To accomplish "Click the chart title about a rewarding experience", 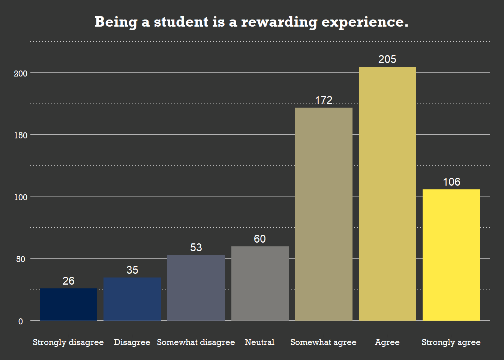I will pyautogui.click(x=251, y=22).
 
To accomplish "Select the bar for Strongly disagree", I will pyautogui.click(x=68, y=304).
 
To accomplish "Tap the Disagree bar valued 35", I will pyautogui.click(x=132, y=299).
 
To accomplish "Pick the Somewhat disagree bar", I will pyautogui.click(x=196, y=288).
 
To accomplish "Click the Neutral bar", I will pyautogui.click(x=260, y=283).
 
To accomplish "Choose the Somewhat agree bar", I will pyautogui.click(x=324, y=214).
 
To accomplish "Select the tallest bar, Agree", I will pyautogui.click(x=387, y=193).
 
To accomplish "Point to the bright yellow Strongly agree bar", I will pyautogui.click(x=451, y=255).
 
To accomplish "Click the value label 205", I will pyautogui.click(x=387, y=59).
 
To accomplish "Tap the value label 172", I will pyautogui.click(x=324, y=100).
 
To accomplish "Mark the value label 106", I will pyautogui.click(x=451, y=182).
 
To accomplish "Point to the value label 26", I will pyautogui.click(x=68, y=281).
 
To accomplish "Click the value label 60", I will pyautogui.click(x=260, y=239).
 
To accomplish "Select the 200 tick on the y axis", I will pyautogui.click(x=21, y=73).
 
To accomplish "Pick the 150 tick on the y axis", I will pyautogui.click(x=21, y=135).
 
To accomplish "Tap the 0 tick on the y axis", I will pyautogui.click(x=21, y=321).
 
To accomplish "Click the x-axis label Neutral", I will pyautogui.click(x=259, y=342).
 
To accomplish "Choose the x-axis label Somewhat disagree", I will pyautogui.click(x=196, y=342).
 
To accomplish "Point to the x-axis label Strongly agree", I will pyautogui.click(x=451, y=342).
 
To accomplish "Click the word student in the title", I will pyautogui.click(x=181, y=22).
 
